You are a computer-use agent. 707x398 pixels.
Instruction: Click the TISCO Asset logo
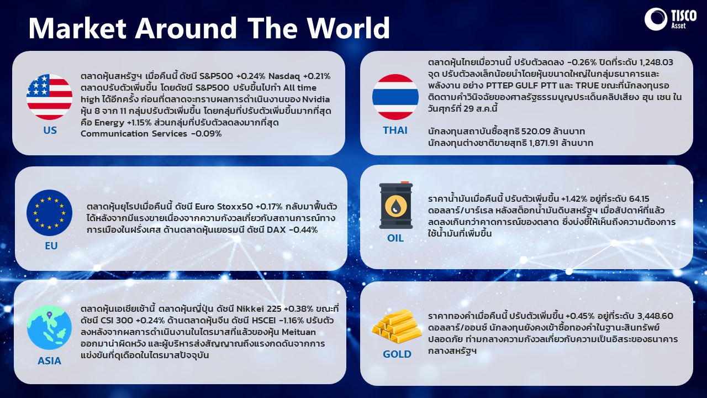click(x=671, y=19)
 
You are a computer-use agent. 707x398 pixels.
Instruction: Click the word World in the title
click(x=349, y=28)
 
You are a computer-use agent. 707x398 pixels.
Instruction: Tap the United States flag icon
click(x=50, y=97)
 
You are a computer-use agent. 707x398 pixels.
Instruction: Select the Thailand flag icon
click(x=395, y=97)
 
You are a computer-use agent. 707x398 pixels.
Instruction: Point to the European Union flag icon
click(x=50, y=213)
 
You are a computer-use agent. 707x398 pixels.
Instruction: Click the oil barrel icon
click(x=396, y=205)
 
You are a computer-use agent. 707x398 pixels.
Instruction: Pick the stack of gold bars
click(x=397, y=326)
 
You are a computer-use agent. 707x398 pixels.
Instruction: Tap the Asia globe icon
click(x=50, y=328)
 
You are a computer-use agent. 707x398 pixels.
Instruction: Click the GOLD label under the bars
click(x=397, y=354)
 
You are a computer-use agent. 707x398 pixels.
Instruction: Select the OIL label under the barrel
click(x=395, y=238)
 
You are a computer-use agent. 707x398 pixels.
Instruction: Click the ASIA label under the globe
click(x=50, y=361)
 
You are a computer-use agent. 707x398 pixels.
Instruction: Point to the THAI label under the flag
click(x=395, y=130)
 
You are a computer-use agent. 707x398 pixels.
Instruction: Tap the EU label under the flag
click(x=51, y=246)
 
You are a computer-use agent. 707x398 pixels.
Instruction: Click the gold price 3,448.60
click(x=656, y=316)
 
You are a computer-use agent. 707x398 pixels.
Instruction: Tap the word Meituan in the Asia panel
click(x=299, y=332)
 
